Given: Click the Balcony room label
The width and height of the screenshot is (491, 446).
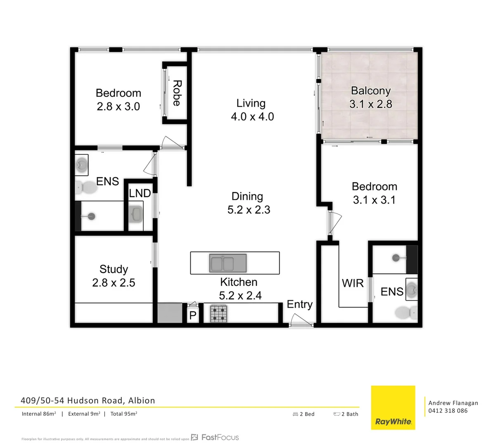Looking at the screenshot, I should (x=370, y=91).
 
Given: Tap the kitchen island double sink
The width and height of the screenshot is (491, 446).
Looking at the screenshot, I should (x=228, y=263).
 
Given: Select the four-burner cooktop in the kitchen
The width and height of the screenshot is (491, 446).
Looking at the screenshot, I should (x=218, y=313).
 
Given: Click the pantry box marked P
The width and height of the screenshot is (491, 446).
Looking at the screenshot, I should (x=192, y=316).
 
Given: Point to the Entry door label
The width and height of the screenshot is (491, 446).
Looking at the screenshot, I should (x=299, y=304).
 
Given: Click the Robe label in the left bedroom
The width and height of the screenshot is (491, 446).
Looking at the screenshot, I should (x=177, y=93).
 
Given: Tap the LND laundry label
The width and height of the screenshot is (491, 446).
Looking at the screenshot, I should (x=140, y=193).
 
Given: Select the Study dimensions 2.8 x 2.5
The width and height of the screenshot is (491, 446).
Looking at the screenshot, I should (x=114, y=283).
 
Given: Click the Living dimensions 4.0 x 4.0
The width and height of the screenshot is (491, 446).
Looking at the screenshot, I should (x=252, y=117).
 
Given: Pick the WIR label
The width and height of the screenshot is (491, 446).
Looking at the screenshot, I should (x=353, y=283).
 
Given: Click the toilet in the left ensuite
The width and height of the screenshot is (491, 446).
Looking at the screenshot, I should (x=86, y=188).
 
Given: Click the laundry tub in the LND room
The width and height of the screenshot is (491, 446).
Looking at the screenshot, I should (x=136, y=214).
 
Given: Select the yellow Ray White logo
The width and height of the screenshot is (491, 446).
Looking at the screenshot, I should (x=393, y=407).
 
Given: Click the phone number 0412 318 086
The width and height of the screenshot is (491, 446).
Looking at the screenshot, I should (x=448, y=410).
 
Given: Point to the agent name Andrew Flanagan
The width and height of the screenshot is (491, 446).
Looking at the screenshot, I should (x=453, y=403).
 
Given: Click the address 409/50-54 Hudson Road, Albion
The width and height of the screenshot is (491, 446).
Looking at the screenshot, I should (x=88, y=401).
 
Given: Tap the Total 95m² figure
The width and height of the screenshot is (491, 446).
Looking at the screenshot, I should (x=124, y=414).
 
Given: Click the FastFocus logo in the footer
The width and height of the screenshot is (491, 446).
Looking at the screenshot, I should (x=215, y=437).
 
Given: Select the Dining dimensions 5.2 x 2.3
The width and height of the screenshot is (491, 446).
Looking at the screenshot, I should (x=249, y=210).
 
